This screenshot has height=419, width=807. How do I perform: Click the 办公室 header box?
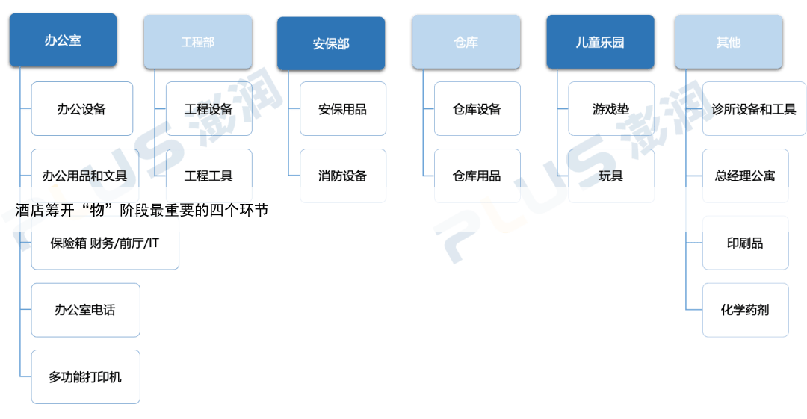pyautogui.click(x=64, y=40)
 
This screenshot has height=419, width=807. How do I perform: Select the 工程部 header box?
pyautogui.click(x=197, y=42)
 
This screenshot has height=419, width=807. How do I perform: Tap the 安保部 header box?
pyautogui.click(x=331, y=43)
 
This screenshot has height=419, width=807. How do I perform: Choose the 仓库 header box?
pyautogui.click(x=466, y=42)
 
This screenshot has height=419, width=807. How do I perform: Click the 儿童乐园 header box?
pyautogui.click(x=599, y=42)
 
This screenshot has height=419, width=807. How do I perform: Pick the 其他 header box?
pyautogui.click(x=728, y=42)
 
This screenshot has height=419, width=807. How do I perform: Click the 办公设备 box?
pyautogui.click(x=81, y=109)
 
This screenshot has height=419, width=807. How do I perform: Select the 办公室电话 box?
pyautogui.click(x=85, y=309)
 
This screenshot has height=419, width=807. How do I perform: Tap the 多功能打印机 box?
pyautogui.click(x=85, y=376)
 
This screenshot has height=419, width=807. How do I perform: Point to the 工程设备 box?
pyautogui.click(x=208, y=109)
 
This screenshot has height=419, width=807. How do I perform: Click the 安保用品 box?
pyautogui.click(x=342, y=109)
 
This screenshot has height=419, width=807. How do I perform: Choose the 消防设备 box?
pyautogui.click(x=342, y=176)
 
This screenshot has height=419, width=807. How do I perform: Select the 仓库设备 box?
pyautogui.click(x=477, y=109)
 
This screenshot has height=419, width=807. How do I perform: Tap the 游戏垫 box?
pyautogui.click(x=610, y=109)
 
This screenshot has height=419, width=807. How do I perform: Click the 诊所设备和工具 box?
pyautogui.click(x=754, y=109)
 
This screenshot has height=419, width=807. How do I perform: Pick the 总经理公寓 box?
pyautogui.click(x=745, y=176)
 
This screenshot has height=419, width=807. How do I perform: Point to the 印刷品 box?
pyautogui.click(x=745, y=243)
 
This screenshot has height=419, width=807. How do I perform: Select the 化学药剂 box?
pyautogui.click(x=745, y=309)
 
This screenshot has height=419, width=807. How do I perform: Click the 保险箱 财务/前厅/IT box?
pyautogui.click(x=105, y=243)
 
